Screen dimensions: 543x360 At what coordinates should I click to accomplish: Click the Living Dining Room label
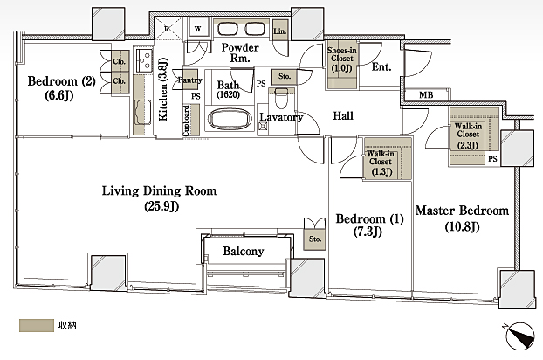click(x=159, y=197)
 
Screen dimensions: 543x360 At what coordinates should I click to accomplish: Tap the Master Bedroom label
click(x=462, y=218)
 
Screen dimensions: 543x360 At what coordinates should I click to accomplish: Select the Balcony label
click(x=243, y=251)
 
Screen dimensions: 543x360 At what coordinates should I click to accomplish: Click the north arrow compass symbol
click(x=519, y=336)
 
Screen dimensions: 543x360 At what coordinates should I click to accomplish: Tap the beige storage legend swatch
click(x=37, y=325)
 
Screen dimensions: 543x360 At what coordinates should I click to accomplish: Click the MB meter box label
click(x=426, y=95)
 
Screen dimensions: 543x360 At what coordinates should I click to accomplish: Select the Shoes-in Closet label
click(x=342, y=59)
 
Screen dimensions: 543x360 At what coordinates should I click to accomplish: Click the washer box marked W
click(x=198, y=28)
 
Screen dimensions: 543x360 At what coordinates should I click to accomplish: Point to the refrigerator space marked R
click(x=168, y=28)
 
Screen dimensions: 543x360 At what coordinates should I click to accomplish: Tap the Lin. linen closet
click(x=280, y=31)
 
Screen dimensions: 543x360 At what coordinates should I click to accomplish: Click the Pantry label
click(x=189, y=80)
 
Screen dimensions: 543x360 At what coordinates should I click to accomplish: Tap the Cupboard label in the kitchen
click(x=186, y=121)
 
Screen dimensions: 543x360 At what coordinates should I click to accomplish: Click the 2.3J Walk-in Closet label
click(x=468, y=135)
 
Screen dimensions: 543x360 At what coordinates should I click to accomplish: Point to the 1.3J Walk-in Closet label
click(x=381, y=163)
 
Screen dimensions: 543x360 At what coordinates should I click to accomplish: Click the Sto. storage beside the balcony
click(x=315, y=239)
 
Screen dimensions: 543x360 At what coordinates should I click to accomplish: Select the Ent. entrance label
click(x=381, y=66)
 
